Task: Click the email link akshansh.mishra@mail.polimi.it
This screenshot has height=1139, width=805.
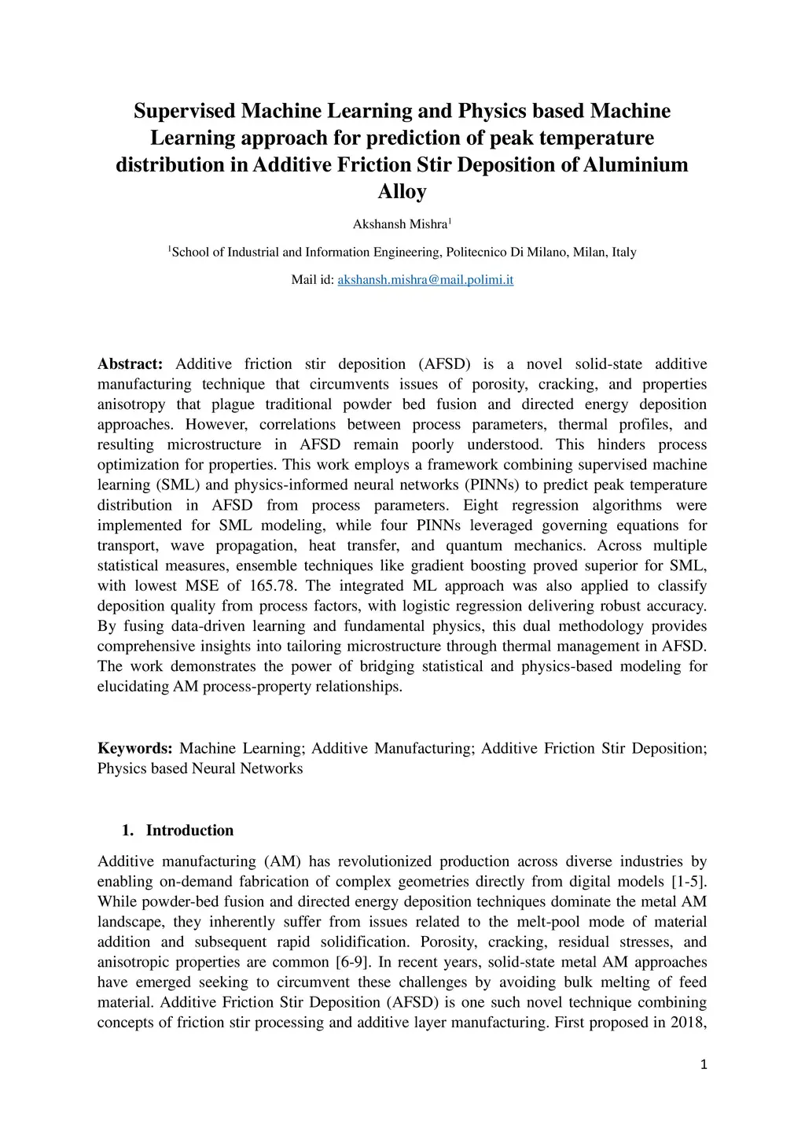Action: (x=425, y=280)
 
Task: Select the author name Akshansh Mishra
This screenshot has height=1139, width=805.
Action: (x=399, y=225)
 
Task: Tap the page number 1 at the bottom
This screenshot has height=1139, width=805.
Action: (x=704, y=1065)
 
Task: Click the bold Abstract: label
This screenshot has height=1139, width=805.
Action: (x=130, y=364)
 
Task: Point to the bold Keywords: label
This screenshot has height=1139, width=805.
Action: (x=134, y=748)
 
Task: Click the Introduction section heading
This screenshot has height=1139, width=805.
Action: (x=189, y=831)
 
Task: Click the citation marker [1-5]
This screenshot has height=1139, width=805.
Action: (x=689, y=882)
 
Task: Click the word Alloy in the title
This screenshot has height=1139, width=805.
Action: (x=402, y=192)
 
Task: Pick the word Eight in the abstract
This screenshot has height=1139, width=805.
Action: (x=481, y=505)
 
